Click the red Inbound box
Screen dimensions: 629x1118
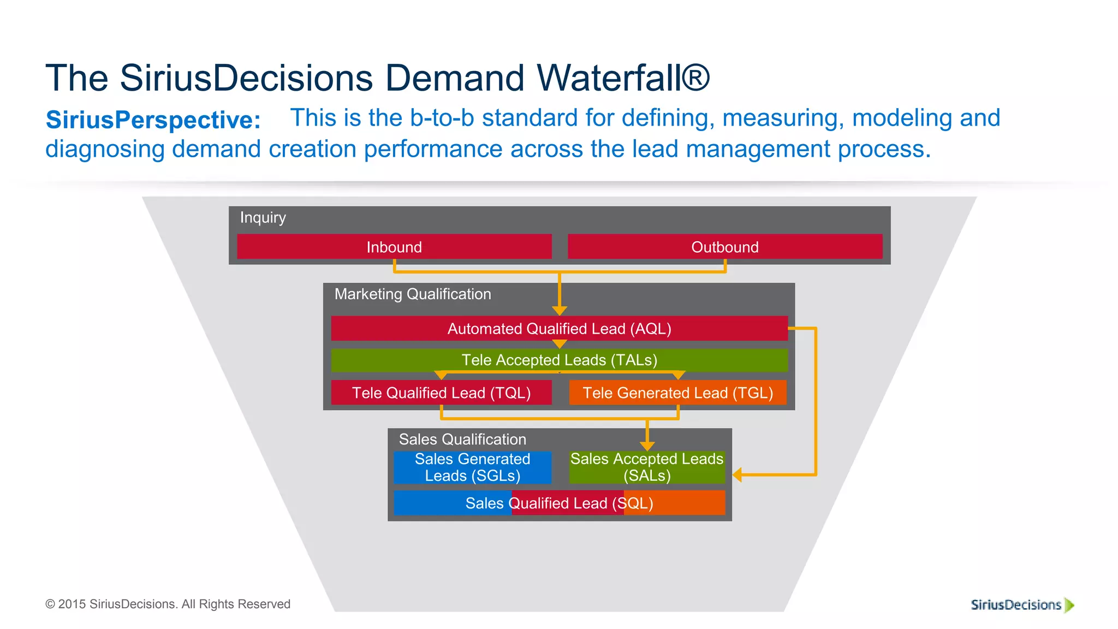[394, 247]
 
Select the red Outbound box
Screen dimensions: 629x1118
[725, 247]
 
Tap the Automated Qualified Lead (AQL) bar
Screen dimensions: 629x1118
[559, 329]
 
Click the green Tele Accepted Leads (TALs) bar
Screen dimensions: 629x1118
[559, 360]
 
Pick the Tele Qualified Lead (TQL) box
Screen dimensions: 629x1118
[441, 393]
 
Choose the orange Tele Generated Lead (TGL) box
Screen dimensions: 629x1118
[677, 393]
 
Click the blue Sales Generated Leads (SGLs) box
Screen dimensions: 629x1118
[472, 467]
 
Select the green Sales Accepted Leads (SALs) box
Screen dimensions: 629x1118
[647, 467]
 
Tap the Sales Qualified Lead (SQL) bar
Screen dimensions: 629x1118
[559, 503]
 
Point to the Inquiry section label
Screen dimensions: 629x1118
[263, 217]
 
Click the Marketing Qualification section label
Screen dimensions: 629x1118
[412, 294]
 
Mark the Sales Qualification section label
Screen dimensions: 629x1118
[462, 440]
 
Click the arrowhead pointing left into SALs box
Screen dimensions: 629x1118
[738, 474]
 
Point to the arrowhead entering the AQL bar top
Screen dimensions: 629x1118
[559, 311]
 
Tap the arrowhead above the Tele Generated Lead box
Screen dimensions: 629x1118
[678, 376]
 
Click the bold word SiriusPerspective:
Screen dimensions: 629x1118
[153, 120]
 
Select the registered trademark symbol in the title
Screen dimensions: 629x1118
[695, 78]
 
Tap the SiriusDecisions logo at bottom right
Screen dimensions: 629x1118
[1021, 605]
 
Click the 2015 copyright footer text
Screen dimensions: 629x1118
[168, 604]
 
